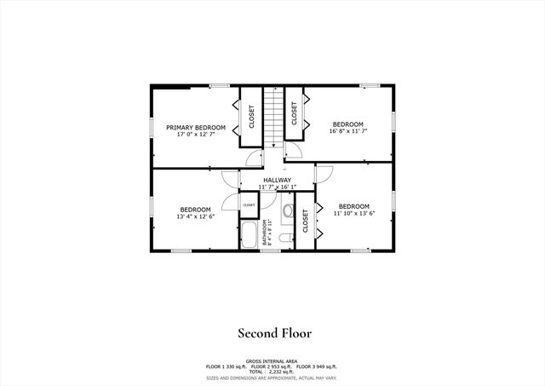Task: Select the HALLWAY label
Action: click(277, 180)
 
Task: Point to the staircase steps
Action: click(271, 116)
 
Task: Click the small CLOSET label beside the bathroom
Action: click(249, 205)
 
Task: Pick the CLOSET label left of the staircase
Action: click(251, 116)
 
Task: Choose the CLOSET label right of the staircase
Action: click(295, 113)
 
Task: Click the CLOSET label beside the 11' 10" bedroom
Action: click(306, 221)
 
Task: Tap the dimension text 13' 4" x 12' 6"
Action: click(196, 216)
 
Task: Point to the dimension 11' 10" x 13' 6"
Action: click(353, 214)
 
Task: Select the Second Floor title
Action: click(273, 333)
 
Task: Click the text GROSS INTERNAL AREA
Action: click(272, 360)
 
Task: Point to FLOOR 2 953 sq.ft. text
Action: click(272, 366)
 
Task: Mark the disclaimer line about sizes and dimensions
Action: click(272, 377)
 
